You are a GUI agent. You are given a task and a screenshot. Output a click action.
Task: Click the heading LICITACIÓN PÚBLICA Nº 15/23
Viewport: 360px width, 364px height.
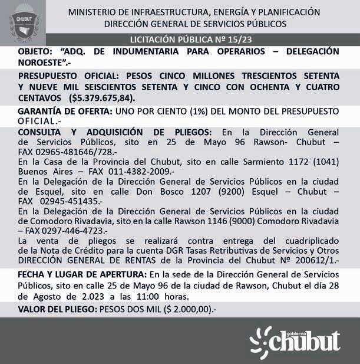pos(195,40)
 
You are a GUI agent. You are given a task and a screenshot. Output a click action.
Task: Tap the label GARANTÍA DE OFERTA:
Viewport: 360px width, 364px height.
pos(64,111)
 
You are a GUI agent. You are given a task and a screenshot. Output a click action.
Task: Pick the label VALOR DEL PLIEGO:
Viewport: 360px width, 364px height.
pos(57,309)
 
